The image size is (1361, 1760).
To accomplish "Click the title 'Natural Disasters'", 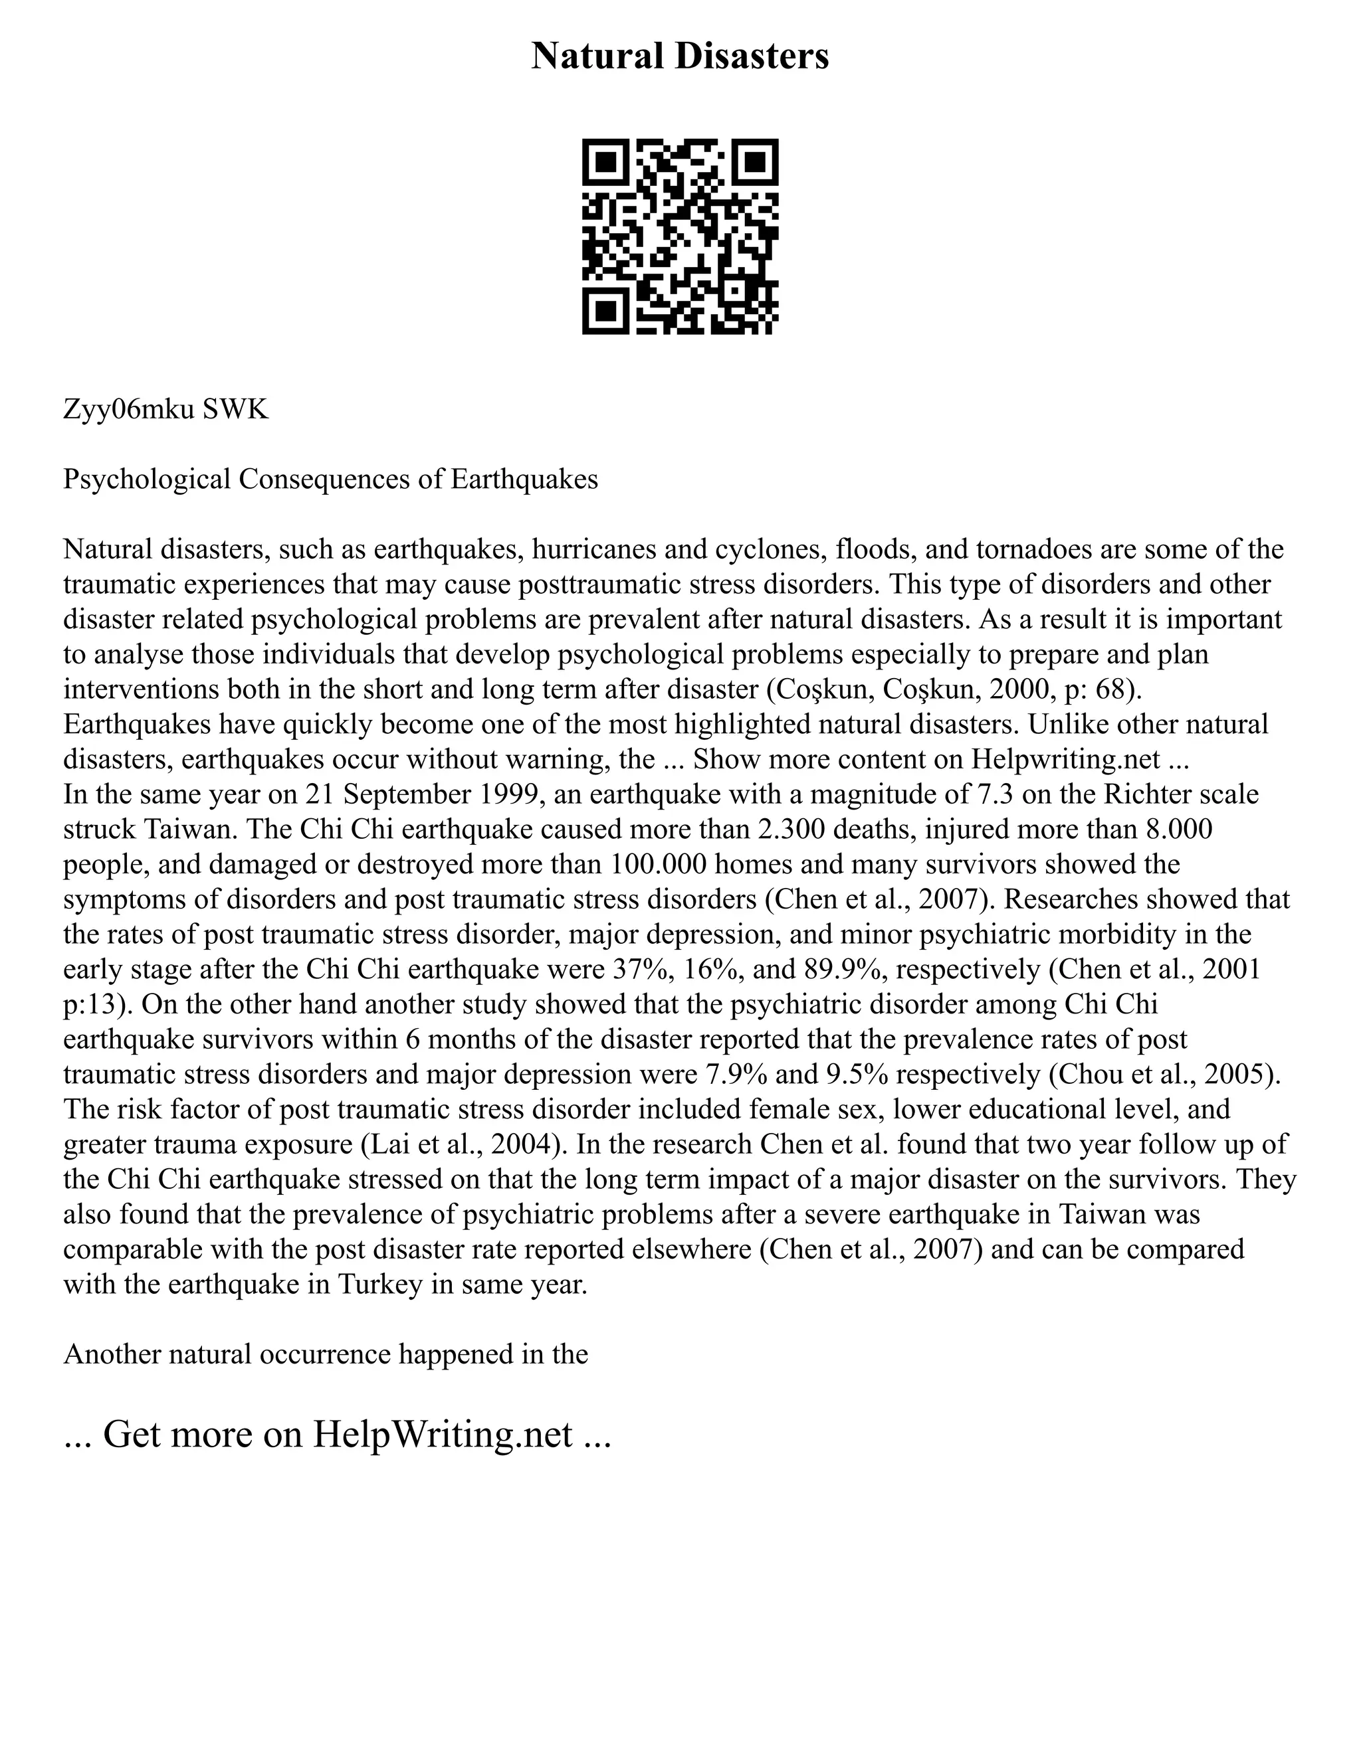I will coord(680,56).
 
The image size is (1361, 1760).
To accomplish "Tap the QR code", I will coord(680,236).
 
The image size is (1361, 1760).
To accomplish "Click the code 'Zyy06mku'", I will coord(129,410).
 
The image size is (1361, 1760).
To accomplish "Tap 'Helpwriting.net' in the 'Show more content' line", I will coord(1065,759).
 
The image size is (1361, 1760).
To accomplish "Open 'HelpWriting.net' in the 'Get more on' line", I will coord(443,1435).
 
